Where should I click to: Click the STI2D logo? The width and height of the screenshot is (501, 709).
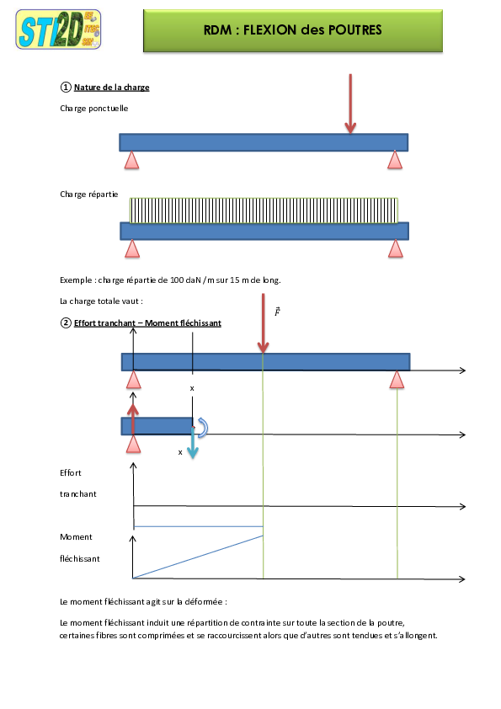coord(58,29)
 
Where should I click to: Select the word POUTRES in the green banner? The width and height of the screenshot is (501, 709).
coord(353,29)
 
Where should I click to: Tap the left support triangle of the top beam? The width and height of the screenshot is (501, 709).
coord(131,160)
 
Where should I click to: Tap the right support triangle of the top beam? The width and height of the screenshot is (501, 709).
coord(395,160)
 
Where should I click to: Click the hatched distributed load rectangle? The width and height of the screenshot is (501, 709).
coord(264,210)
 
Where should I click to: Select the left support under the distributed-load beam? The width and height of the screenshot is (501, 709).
coord(132,248)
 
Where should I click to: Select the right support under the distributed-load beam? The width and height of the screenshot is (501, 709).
coord(396,248)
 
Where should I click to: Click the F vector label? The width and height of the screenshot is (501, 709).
coord(277,312)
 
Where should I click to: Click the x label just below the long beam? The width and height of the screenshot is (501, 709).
coord(193,387)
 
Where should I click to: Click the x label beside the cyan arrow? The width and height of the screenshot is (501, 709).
coord(180,451)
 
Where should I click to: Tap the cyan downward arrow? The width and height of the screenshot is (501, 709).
coord(192,443)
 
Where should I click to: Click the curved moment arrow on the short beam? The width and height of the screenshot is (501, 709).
coord(202,428)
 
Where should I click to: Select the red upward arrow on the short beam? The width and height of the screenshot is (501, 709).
coord(132,418)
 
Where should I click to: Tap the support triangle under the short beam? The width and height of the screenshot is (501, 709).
coord(133,444)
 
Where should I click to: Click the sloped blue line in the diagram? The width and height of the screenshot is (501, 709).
coord(198,557)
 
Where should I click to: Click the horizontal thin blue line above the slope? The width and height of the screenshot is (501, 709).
coord(198,526)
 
